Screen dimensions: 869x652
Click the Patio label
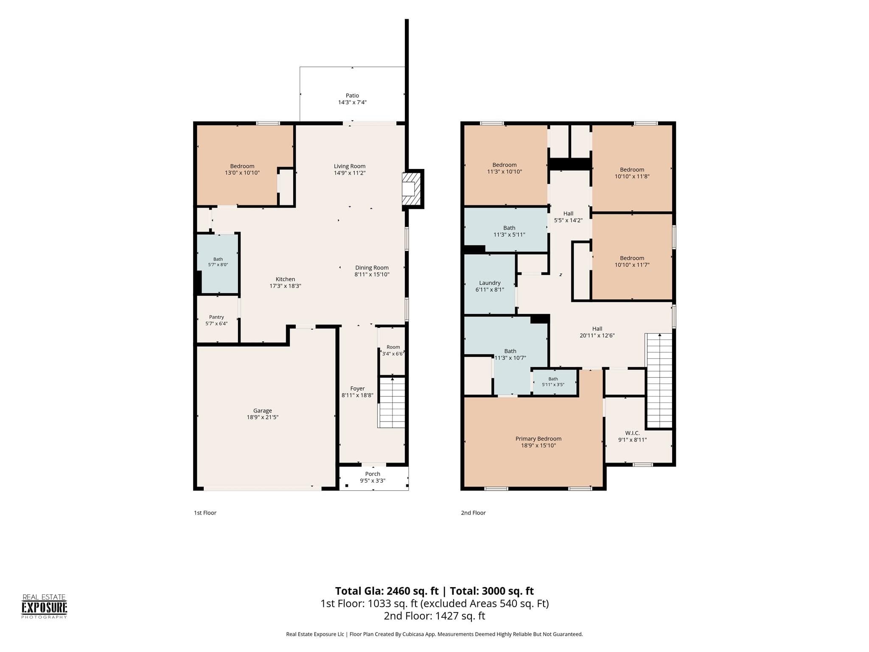click(x=352, y=96)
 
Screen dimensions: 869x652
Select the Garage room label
click(x=263, y=410)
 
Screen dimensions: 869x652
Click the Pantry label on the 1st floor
click(x=216, y=317)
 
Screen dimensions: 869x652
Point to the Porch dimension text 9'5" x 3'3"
click(x=373, y=481)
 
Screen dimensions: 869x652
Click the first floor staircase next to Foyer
click(x=392, y=402)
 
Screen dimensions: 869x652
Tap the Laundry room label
click(x=490, y=283)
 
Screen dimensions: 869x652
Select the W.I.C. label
click(x=632, y=433)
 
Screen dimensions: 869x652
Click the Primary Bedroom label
click(x=538, y=438)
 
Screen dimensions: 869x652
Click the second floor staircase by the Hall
click(x=659, y=380)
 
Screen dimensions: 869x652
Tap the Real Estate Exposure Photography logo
click(x=45, y=607)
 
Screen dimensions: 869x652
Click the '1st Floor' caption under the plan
click(x=205, y=513)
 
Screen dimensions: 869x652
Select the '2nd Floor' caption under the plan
click(x=473, y=513)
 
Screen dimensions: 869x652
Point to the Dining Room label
click(x=372, y=267)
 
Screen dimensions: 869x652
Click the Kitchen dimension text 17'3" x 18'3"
click(x=285, y=286)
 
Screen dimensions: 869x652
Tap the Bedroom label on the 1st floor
click(x=242, y=166)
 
